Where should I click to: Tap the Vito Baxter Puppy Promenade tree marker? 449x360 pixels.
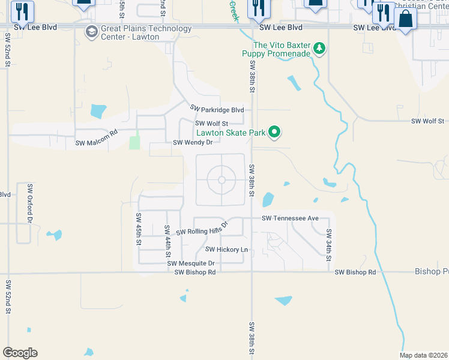(x=319, y=49)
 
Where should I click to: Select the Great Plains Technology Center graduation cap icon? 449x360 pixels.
(x=91, y=32)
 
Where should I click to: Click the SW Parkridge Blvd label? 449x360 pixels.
(x=217, y=109)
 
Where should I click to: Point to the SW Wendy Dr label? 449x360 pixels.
(x=193, y=143)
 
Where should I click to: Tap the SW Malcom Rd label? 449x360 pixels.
(x=95, y=142)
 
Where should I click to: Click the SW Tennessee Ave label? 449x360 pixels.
(x=289, y=218)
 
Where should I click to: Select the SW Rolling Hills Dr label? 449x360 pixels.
(x=203, y=229)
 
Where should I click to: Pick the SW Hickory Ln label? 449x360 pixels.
(x=226, y=249)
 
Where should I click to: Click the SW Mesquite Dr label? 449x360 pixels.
(x=191, y=263)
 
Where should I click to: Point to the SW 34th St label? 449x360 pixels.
(x=329, y=245)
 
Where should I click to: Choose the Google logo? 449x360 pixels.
(x=20, y=353)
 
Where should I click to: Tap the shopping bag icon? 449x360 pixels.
(x=406, y=20)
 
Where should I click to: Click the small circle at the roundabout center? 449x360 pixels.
(x=221, y=180)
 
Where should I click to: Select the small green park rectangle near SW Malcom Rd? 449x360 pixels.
(x=134, y=143)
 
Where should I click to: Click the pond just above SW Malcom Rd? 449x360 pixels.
(x=97, y=111)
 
